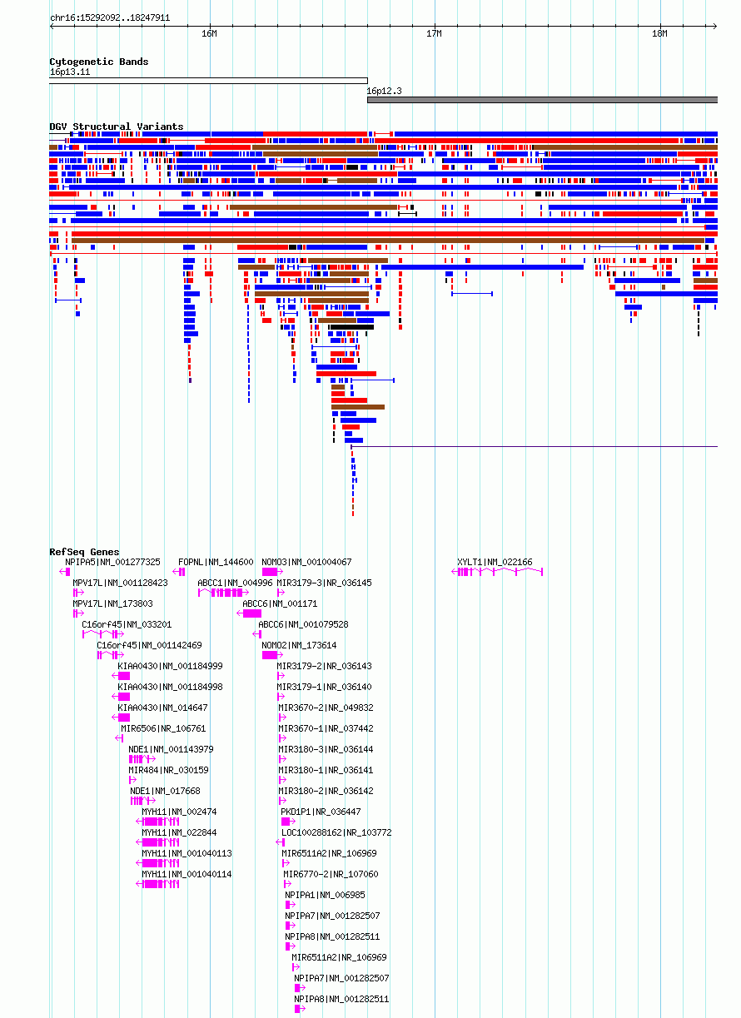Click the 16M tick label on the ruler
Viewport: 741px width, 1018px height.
pos(209,33)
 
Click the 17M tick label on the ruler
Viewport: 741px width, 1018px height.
pos(434,33)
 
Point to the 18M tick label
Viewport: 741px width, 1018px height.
pos(659,33)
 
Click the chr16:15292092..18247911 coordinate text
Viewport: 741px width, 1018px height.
pos(110,17)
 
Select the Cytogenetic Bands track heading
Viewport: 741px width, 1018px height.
pos(99,62)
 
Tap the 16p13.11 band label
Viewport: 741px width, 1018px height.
pos(70,72)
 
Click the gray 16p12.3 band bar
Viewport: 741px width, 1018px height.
pos(542,100)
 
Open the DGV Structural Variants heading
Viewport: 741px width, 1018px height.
pos(117,127)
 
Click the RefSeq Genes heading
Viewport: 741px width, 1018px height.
pos(84,552)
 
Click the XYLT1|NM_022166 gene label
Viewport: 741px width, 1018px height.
pos(495,563)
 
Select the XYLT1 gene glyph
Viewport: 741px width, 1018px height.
pos(497,572)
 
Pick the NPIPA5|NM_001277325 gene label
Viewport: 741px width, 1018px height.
pos(112,563)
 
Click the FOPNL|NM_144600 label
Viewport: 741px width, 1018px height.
pos(216,563)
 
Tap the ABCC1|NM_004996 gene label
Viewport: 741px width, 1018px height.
pos(235,583)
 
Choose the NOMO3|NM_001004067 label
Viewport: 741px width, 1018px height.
pos(306,563)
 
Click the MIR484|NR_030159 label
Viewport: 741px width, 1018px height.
pos(168,771)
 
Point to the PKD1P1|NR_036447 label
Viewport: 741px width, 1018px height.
pos(321,812)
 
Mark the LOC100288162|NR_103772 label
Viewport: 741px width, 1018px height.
pos(336,833)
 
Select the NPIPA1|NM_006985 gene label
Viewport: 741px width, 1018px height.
pos(325,896)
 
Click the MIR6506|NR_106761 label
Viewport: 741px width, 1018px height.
pos(163,729)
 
